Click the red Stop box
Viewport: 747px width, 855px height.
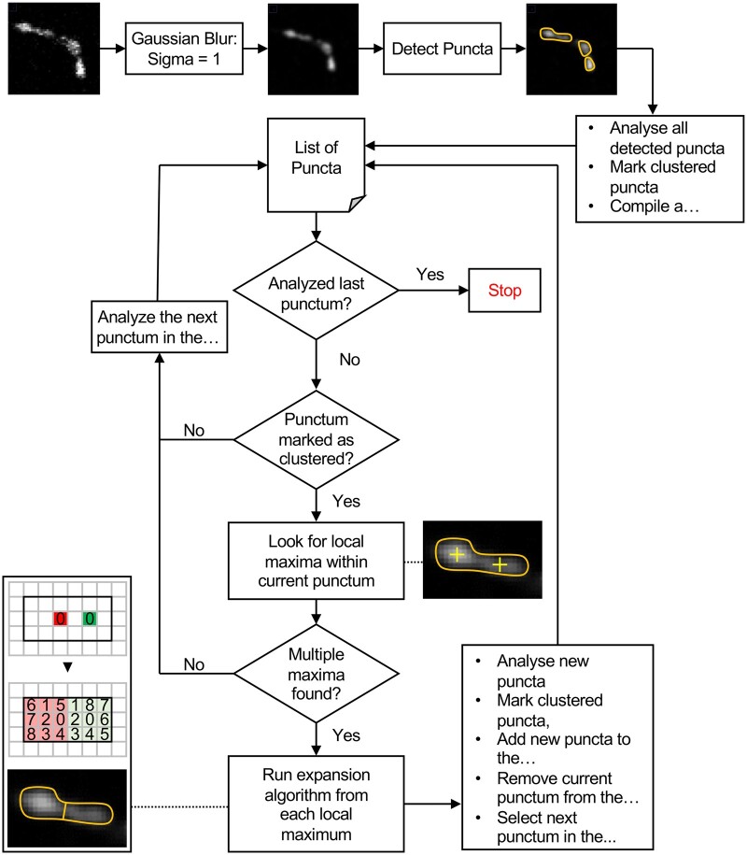(x=504, y=290)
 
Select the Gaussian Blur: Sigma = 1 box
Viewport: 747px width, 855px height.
(x=184, y=49)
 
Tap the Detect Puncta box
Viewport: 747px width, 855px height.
(x=442, y=49)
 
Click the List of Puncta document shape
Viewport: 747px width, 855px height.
(x=316, y=164)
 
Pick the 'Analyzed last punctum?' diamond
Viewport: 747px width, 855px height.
(x=316, y=291)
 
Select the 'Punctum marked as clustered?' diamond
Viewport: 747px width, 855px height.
(x=316, y=439)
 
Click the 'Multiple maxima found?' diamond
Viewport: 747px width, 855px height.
(x=316, y=674)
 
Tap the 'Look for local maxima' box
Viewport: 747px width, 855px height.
(x=316, y=561)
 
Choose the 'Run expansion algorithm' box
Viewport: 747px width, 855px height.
(x=316, y=804)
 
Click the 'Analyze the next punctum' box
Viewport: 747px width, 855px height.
(x=159, y=327)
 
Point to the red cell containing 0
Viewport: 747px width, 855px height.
(x=61, y=619)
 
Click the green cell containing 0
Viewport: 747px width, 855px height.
(x=90, y=619)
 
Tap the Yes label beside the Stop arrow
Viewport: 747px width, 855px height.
(x=430, y=275)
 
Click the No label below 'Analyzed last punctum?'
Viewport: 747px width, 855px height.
(x=350, y=360)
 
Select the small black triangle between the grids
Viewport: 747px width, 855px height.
(x=67, y=667)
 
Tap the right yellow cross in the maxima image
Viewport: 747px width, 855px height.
(x=500, y=565)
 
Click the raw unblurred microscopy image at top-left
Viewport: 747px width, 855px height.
(x=54, y=49)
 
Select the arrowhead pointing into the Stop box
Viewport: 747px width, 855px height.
(x=464, y=290)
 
